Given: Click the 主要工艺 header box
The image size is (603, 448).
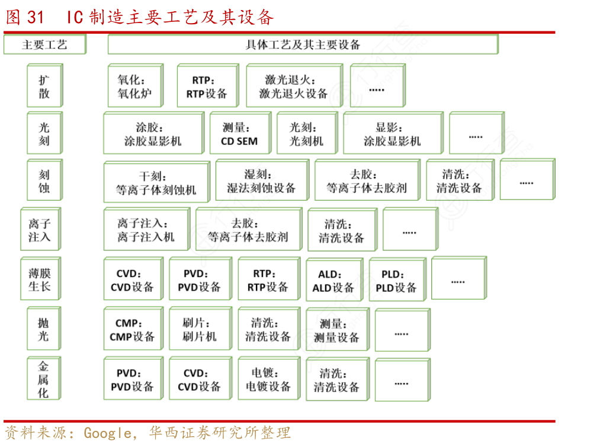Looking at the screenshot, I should point(44,44).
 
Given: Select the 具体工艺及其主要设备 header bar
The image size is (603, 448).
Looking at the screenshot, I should point(302,44).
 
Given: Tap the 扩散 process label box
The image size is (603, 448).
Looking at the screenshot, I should point(44,86).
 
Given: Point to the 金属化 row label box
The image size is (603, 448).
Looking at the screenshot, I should point(44,379).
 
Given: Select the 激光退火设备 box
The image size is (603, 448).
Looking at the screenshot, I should point(293,86).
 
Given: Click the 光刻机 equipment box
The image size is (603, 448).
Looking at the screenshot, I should point(306,134).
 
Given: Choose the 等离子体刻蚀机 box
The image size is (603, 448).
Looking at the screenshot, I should point(156,183).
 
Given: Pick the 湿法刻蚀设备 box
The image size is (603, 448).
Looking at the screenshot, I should point(261,182).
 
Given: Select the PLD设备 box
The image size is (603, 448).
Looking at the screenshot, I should point(396,281).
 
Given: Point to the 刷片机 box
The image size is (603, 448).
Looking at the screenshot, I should point(200,330).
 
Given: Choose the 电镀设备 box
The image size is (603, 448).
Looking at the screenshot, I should point(268,379).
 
